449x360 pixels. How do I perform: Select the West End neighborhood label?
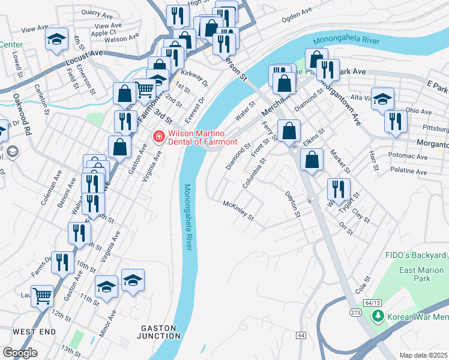coord(34,332)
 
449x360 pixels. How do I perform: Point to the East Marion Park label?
coord(423,274)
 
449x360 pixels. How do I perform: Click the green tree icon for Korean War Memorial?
coord(378,316)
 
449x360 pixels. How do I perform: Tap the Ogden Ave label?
coord(297,14)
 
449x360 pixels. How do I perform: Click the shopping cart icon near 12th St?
coord(42,295)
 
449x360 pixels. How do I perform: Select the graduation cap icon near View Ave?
coord(56,39)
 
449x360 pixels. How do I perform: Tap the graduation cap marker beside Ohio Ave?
coord(382,98)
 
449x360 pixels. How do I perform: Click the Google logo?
coord(20,352)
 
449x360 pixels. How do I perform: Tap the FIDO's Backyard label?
coord(415,256)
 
